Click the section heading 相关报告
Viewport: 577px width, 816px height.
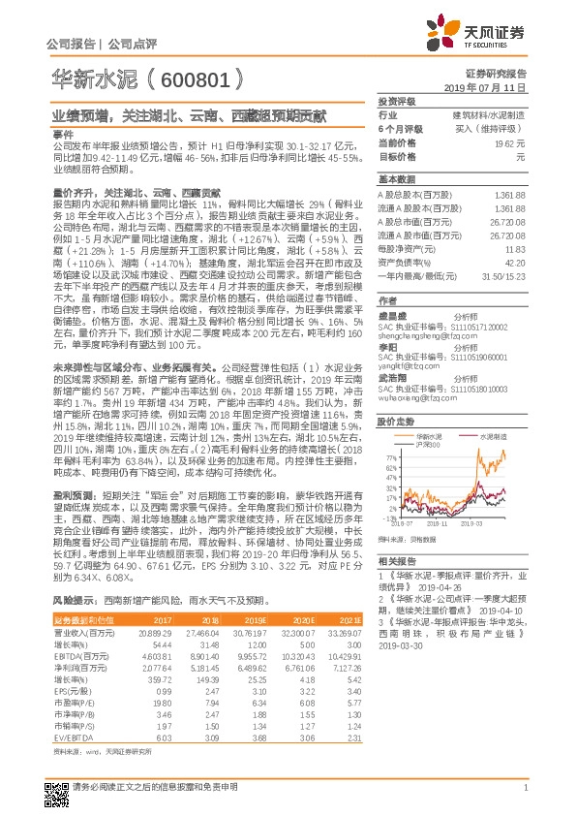(x=396, y=561)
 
